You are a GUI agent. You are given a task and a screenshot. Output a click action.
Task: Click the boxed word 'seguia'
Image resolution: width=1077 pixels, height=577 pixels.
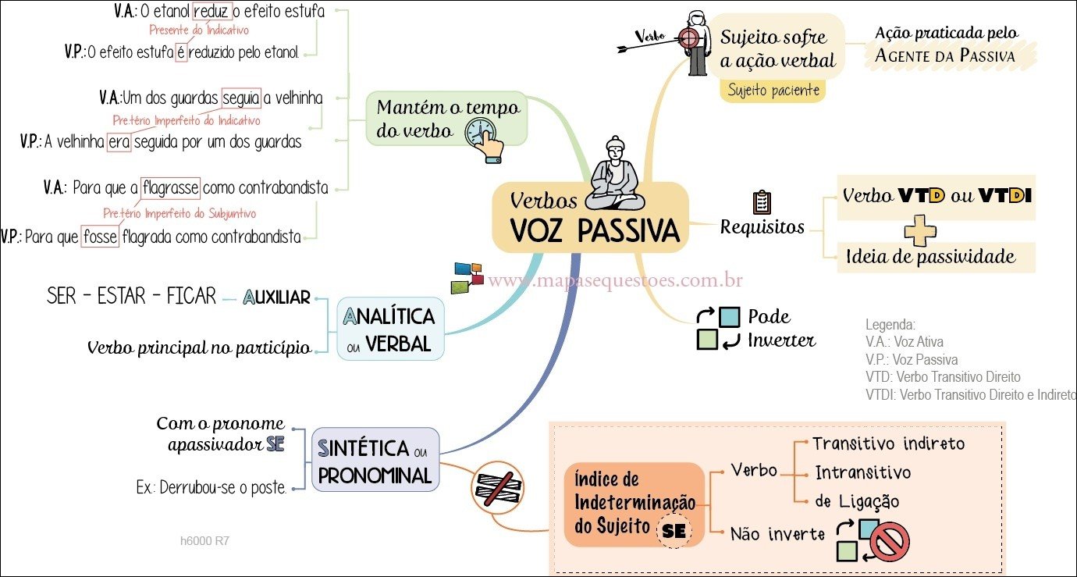[x=240, y=98]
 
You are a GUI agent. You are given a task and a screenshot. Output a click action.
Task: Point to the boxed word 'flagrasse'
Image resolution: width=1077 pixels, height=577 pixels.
[x=170, y=188]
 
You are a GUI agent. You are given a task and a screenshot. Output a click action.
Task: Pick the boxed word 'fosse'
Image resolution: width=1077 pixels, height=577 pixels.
[x=99, y=237]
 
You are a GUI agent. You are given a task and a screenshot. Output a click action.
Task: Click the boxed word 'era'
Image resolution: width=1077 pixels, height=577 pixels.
[x=119, y=143]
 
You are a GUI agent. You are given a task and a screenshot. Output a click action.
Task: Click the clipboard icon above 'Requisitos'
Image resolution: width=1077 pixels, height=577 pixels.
[x=762, y=201]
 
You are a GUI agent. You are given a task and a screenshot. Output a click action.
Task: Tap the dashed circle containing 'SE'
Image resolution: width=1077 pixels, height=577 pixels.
[x=674, y=532]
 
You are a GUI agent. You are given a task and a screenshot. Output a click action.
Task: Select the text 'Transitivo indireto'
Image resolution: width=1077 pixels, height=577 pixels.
[x=888, y=443]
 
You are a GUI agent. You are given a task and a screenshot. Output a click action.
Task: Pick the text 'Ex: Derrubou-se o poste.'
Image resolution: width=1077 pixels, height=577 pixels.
[x=211, y=489]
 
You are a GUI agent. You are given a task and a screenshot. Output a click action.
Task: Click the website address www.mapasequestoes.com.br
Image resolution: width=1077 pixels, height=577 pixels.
[x=615, y=280]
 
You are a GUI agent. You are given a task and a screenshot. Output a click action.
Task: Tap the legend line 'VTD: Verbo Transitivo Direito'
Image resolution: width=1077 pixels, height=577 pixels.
[x=943, y=377]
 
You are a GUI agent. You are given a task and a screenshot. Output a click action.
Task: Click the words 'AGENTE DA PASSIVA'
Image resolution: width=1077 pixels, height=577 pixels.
[x=945, y=55]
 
